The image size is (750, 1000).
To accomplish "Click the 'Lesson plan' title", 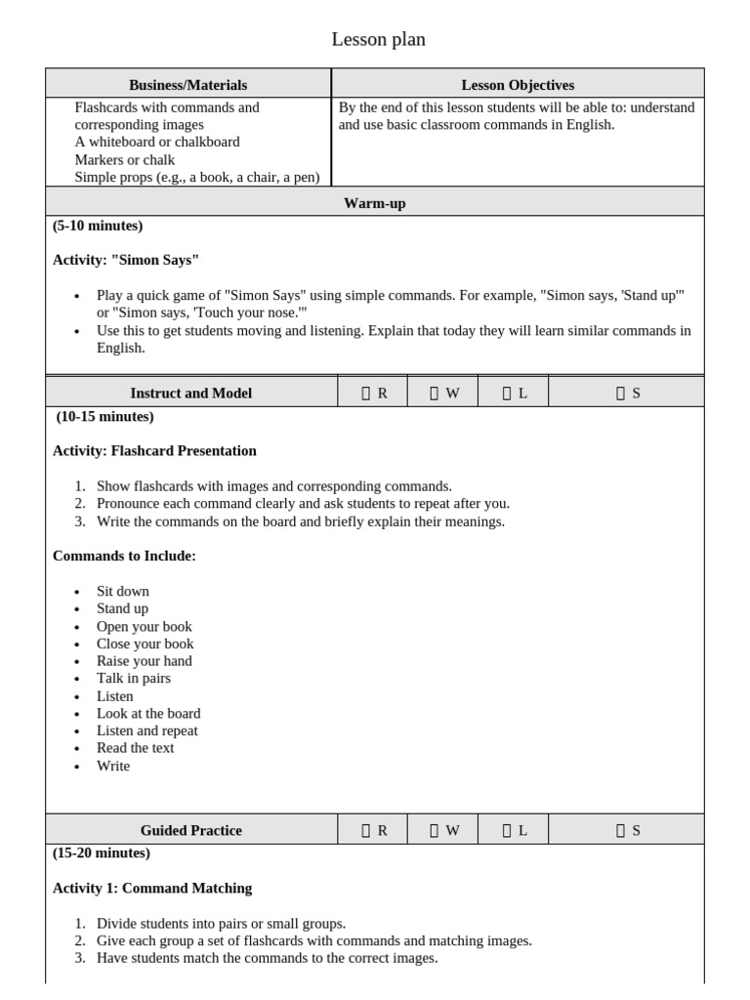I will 378,40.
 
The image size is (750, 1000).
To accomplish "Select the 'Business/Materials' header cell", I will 187,85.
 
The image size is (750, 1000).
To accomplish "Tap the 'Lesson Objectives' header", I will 518,85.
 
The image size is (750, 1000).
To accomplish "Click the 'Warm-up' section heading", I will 375,203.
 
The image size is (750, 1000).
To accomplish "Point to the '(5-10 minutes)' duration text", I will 98,226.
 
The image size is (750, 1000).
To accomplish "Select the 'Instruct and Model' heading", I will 190,393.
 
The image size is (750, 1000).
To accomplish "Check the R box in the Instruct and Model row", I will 366,393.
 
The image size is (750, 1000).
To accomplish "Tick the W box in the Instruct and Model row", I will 435,393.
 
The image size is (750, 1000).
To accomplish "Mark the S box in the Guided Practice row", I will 620,830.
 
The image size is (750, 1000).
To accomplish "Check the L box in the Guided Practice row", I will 507,830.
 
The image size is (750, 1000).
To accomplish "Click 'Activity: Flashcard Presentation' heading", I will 154,451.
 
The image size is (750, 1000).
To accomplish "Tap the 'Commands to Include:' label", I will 124,556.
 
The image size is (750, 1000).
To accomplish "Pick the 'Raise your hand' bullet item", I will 144,661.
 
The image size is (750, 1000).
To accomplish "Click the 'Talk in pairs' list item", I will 133,678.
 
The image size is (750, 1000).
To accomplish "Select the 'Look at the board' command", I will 147,713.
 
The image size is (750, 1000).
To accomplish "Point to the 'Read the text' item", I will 135,748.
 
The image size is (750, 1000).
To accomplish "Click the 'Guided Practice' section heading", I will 190,830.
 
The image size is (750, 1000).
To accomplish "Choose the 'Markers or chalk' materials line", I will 124,159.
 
